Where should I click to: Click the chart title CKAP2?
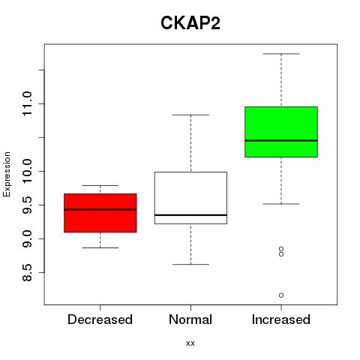point(190,23)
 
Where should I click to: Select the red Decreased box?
point(100,213)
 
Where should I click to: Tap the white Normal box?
point(190,198)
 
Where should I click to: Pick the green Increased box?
point(281,132)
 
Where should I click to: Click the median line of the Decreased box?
point(100,209)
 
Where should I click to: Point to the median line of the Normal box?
point(190,215)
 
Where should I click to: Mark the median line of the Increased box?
point(281,140)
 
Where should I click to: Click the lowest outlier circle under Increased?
point(281,295)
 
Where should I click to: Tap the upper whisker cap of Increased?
point(281,54)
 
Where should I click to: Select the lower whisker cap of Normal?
point(190,264)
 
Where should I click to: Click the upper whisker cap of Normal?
point(190,115)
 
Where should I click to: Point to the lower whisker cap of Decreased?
point(100,247)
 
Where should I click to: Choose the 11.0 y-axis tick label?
point(27,103)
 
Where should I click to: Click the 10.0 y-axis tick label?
point(27,171)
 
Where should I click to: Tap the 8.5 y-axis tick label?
point(27,272)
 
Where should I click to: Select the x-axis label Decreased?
point(100,319)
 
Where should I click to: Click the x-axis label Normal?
point(190,319)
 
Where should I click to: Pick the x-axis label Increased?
point(281,319)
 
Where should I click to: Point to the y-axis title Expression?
point(7,174)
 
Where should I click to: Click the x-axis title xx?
point(190,343)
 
